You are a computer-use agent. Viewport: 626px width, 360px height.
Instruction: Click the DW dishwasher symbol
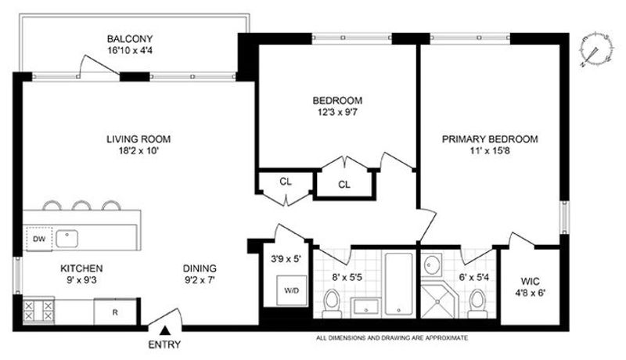point(39,239)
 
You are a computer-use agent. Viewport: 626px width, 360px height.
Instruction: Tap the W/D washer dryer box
point(292,290)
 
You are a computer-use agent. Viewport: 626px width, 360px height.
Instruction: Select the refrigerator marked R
point(115,312)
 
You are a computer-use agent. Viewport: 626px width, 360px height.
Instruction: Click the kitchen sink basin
point(67,239)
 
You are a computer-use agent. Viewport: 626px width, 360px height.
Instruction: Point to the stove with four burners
point(38,311)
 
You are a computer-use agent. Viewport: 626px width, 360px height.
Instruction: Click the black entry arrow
point(165,331)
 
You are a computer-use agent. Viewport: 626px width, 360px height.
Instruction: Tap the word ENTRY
point(164,344)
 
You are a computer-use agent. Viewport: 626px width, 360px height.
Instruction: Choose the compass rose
point(595,49)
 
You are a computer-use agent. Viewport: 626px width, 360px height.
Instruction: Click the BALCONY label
point(130,39)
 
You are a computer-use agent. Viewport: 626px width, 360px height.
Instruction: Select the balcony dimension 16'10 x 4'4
point(130,51)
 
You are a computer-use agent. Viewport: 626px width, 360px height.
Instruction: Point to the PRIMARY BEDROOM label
point(490,139)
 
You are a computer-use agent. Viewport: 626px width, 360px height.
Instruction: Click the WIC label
point(531,282)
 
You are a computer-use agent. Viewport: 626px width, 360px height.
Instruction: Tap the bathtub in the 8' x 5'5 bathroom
point(399,284)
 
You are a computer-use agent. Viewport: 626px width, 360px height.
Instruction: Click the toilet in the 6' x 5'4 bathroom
point(477,303)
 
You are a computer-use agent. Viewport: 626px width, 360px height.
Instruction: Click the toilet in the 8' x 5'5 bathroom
point(331,303)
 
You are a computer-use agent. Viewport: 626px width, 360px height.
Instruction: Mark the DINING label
point(200,268)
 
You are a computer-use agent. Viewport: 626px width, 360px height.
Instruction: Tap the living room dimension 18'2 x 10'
point(139,151)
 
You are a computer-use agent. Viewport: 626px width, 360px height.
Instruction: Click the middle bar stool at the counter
point(82,205)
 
